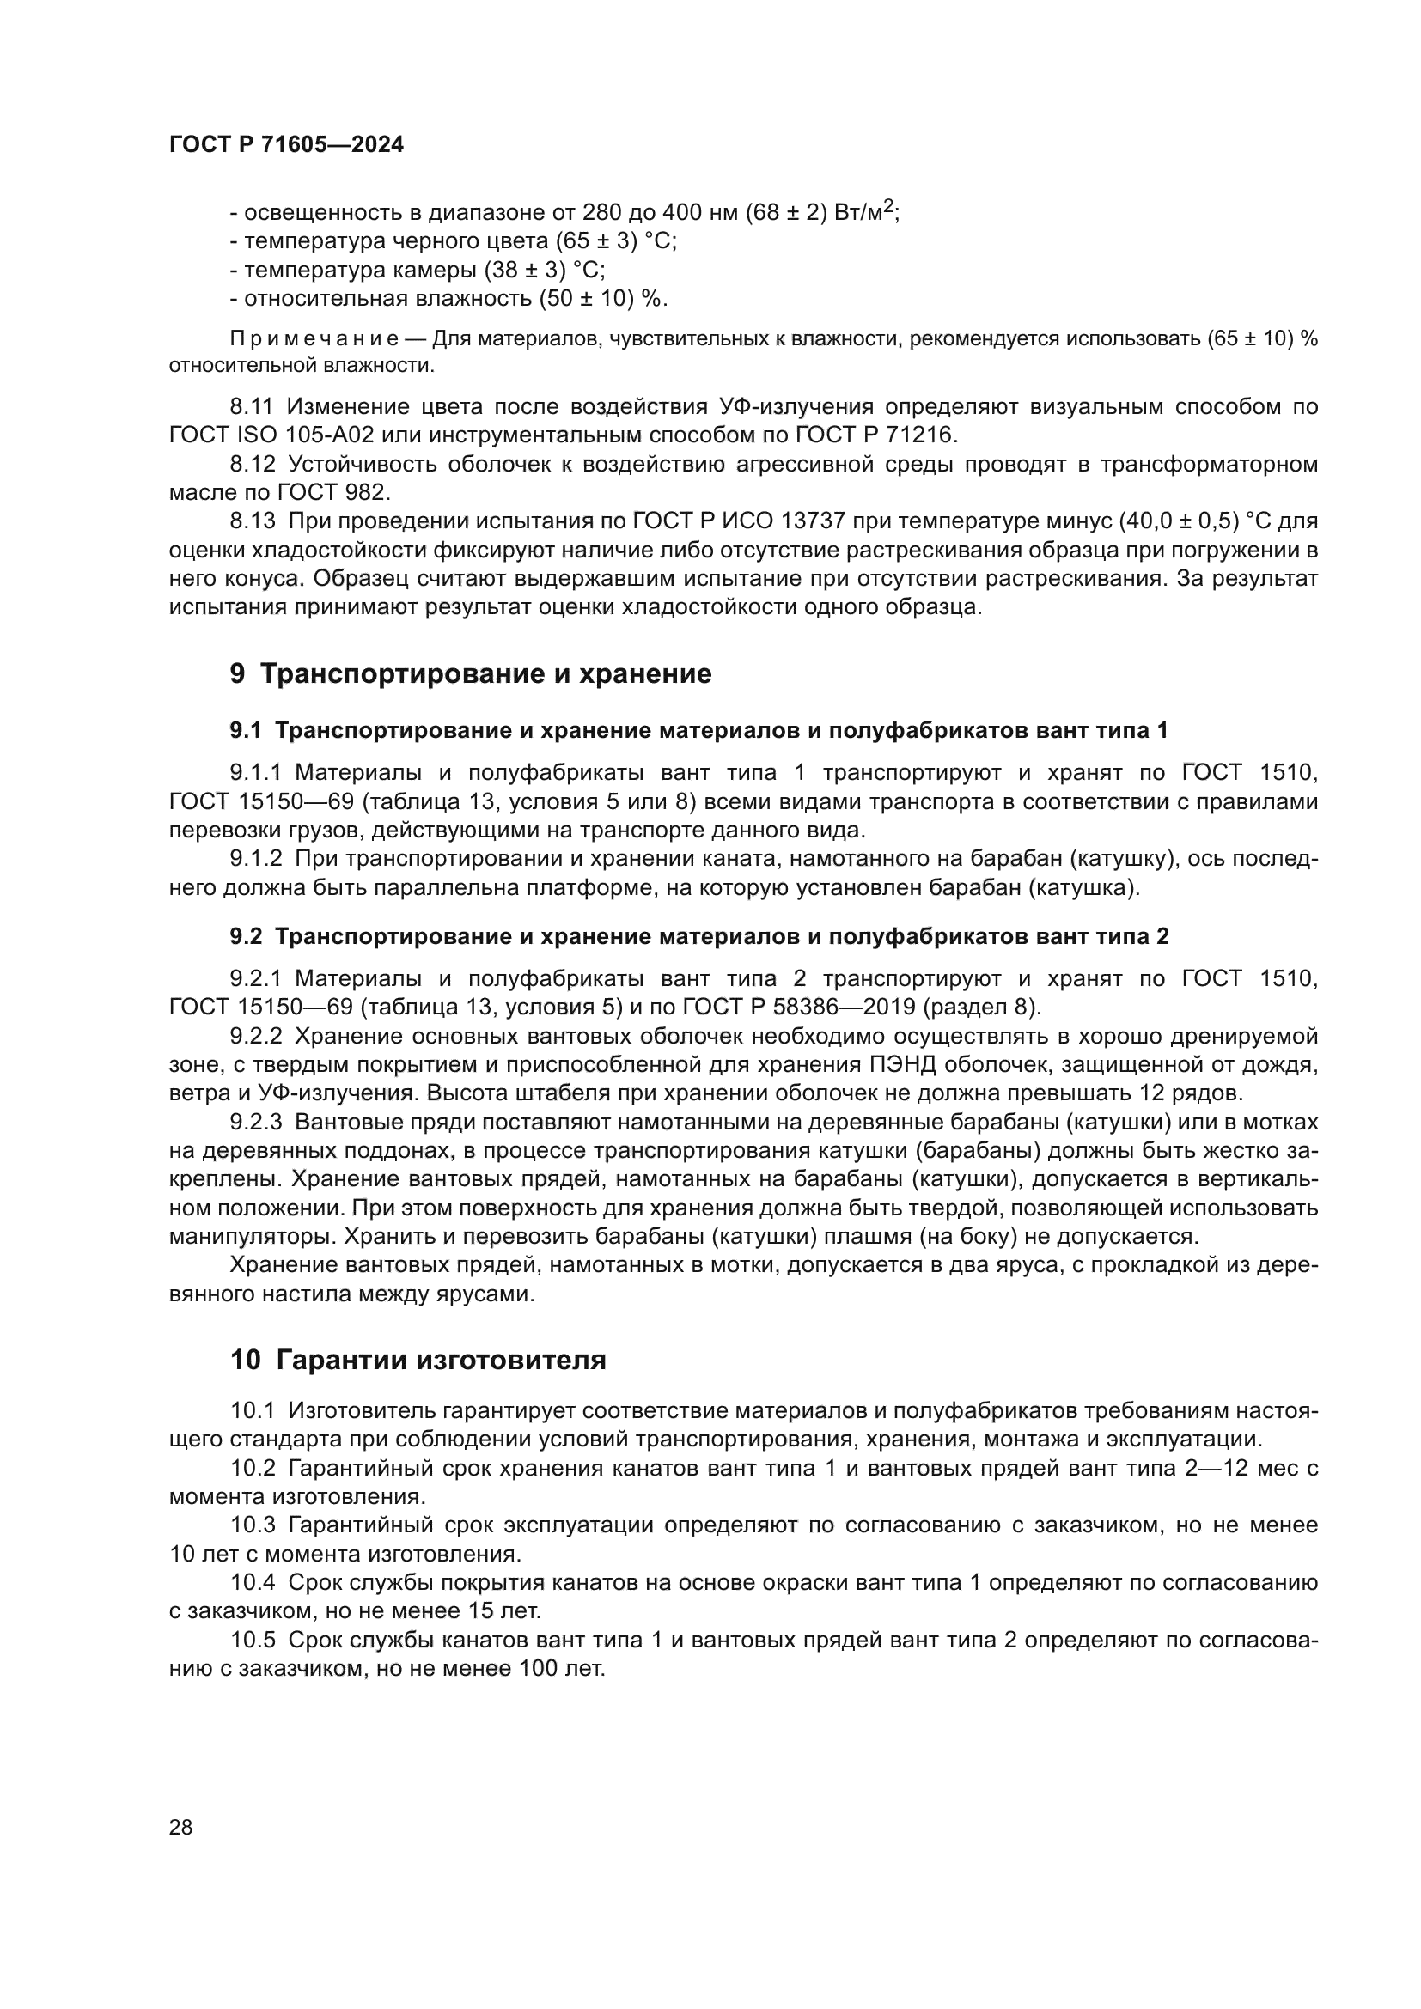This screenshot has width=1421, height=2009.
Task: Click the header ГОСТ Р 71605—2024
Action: point(286,145)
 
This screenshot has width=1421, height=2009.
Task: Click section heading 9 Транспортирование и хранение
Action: point(471,673)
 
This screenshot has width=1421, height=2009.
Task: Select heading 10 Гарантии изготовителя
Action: point(418,1360)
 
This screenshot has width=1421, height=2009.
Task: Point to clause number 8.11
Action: point(251,406)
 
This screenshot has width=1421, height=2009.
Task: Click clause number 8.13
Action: point(252,521)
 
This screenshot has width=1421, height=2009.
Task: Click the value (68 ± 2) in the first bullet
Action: point(786,213)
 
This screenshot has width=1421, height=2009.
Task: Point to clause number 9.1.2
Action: point(255,859)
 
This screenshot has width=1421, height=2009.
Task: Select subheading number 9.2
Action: point(246,936)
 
